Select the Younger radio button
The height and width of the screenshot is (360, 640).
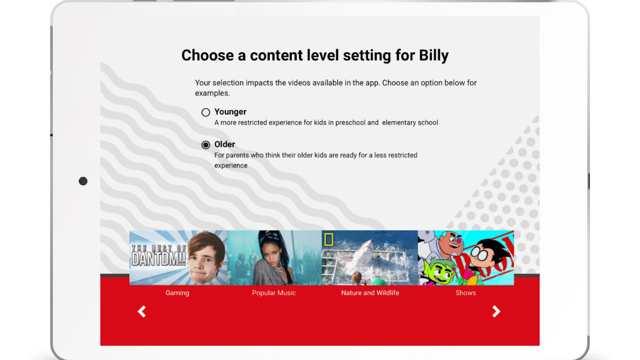click(206, 112)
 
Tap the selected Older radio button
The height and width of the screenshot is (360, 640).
click(206, 145)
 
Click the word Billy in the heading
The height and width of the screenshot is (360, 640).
click(434, 55)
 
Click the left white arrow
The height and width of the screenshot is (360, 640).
click(142, 311)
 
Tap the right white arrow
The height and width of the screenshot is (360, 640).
click(496, 311)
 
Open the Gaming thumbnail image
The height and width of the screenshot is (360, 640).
click(178, 258)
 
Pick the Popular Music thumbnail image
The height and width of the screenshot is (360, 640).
click(275, 258)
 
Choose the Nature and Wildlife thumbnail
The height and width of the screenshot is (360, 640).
click(370, 258)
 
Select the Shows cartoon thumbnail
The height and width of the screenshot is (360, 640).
click(466, 258)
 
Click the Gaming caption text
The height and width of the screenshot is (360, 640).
click(177, 293)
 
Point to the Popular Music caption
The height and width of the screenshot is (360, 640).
click(274, 293)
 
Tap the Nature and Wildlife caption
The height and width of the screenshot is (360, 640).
click(370, 293)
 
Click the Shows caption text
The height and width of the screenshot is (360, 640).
click(466, 293)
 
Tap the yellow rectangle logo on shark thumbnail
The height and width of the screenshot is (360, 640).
click(329, 239)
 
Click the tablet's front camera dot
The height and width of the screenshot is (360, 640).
click(83, 181)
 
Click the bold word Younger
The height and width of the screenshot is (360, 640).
click(230, 112)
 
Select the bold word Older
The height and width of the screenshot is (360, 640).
click(224, 144)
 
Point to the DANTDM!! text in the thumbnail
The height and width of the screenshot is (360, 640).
click(158, 259)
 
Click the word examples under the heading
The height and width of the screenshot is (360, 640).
click(212, 93)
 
